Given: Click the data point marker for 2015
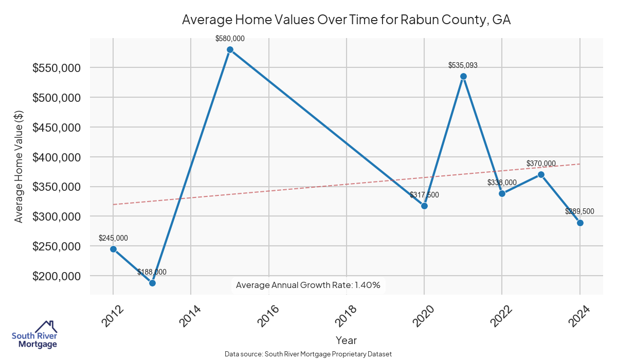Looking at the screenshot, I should click(x=230, y=50).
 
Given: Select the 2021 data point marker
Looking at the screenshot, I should click(x=463, y=76).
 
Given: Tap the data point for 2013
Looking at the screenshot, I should click(x=152, y=283).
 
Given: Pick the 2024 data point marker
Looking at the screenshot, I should click(x=580, y=223).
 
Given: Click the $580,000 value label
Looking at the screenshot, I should click(x=230, y=38).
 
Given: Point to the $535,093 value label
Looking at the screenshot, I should click(x=463, y=65).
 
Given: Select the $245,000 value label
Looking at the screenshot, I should click(x=113, y=238).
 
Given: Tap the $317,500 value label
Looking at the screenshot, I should click(x=424, y=195).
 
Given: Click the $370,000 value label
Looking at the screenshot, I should click(x=541, y=164).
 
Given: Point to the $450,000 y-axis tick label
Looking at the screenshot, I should click(x=56, y=128).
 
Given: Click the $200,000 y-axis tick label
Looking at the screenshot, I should click(x=56, y=276).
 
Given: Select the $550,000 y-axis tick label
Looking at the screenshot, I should click(x=56, y=68).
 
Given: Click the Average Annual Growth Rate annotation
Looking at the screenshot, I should click(x=308, y=285).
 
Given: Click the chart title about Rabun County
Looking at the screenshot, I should click(x=346, y=20).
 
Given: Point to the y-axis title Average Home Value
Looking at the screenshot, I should click(x=19, y=166).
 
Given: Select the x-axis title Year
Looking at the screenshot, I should click(x=346, y=340).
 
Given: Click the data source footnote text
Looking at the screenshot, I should click(x=308, y=354).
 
